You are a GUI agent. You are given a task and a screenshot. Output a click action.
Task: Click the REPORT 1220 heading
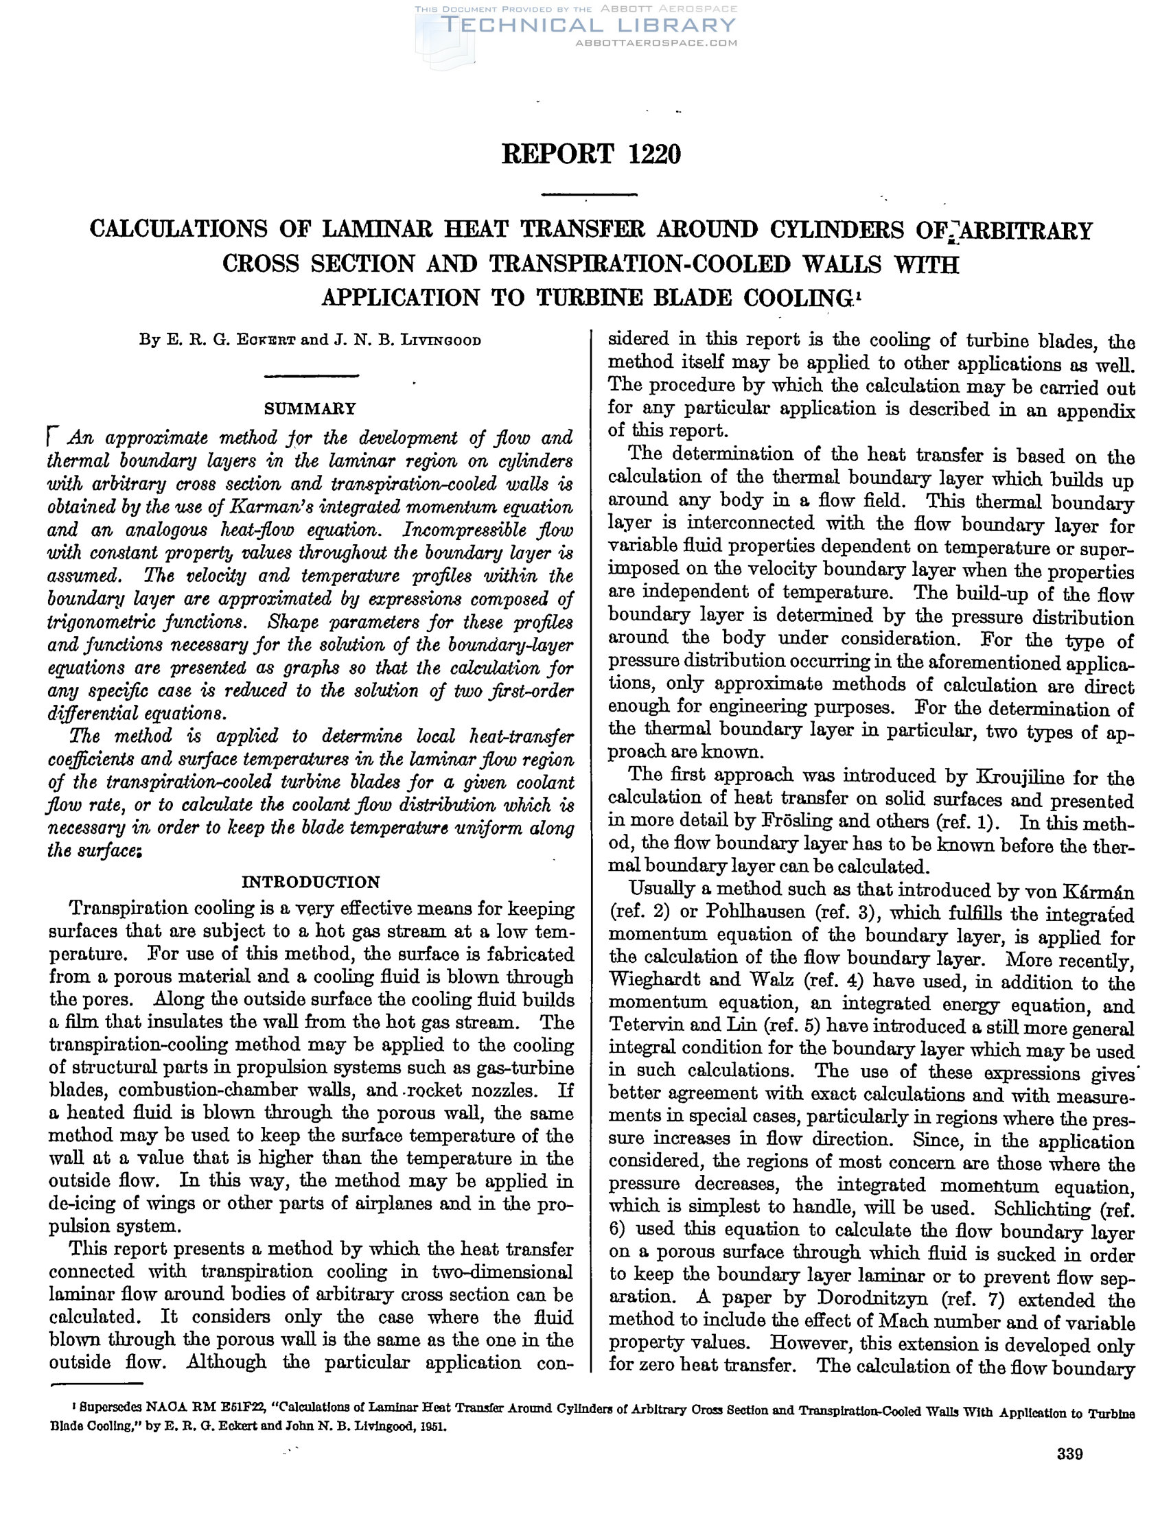tap(591, 154)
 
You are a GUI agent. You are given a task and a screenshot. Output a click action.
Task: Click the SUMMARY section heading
tap(310, 408)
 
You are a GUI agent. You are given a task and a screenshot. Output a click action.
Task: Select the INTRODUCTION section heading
tap(310, 883)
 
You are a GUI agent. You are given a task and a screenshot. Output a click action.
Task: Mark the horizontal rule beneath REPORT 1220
tap(589, 194)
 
